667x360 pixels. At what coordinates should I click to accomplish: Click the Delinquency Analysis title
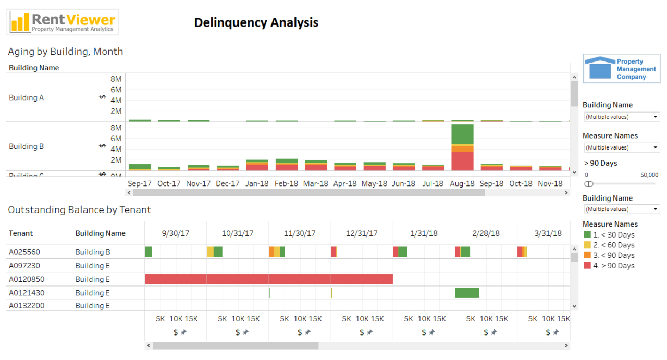[256, 22]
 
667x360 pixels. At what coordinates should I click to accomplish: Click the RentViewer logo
[63, 22]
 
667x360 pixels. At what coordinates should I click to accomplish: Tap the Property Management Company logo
[621, 69]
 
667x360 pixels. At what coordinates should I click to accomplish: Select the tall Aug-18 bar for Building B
[462, 147]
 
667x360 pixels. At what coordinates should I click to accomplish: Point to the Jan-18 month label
[257, 183]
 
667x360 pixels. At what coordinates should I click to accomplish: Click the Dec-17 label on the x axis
[228, 183]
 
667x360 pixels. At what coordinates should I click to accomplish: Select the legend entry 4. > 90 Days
[609, 266]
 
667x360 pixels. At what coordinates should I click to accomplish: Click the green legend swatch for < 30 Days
[587, 235]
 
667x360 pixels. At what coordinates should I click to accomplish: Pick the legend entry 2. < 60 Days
[609, 245]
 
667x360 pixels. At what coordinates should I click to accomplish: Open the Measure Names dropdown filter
[621, 147]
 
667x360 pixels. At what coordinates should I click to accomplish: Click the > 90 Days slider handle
[589, 184]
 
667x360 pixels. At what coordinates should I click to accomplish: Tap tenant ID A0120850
[27, 279]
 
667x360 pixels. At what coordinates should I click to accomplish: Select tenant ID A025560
[24, 252]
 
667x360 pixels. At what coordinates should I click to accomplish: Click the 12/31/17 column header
[362, 233]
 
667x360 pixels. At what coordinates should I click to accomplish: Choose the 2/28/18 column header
[486, 233]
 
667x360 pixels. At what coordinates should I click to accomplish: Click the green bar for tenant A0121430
[467, 293]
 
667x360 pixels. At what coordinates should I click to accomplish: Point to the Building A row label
[27, 97]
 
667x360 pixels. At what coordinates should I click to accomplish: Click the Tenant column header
[21, 233]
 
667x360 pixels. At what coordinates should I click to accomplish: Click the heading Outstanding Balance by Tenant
[79, 209]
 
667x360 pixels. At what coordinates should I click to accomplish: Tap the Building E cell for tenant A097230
[93, 266]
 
